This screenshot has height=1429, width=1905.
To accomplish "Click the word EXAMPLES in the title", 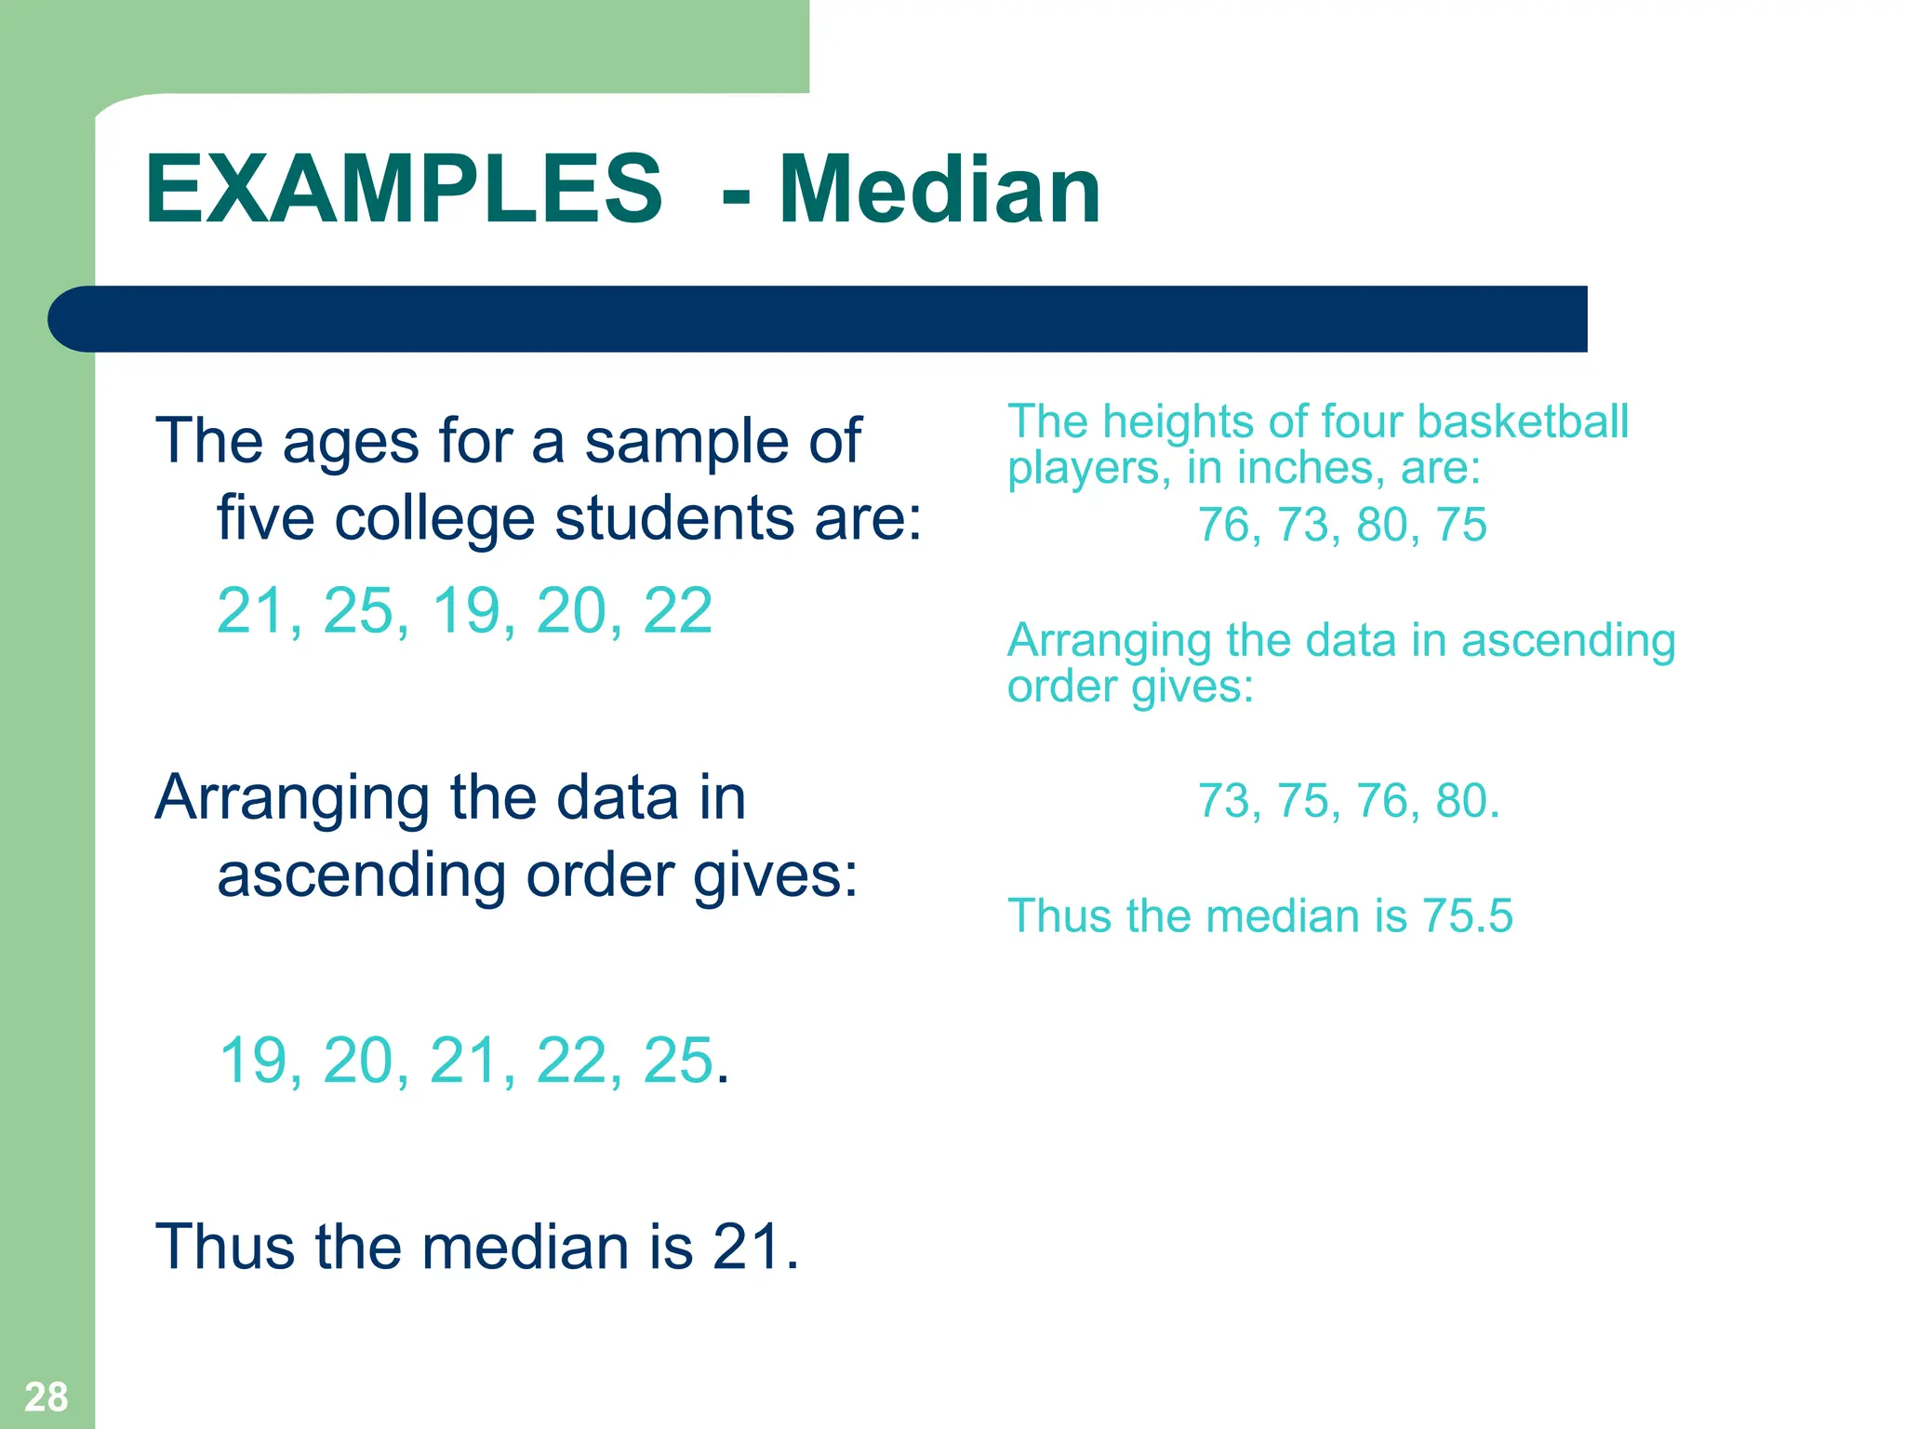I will tap(404, 190).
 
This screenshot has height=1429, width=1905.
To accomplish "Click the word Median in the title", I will tap(939, 190).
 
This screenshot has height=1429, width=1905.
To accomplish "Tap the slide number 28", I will tap(46, 1396).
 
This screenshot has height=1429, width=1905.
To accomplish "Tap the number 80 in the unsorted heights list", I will tap(1381, 525).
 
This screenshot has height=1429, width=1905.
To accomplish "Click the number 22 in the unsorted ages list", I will tap(677, 611).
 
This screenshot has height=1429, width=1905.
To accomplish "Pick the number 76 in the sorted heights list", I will tap(1381, 801).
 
